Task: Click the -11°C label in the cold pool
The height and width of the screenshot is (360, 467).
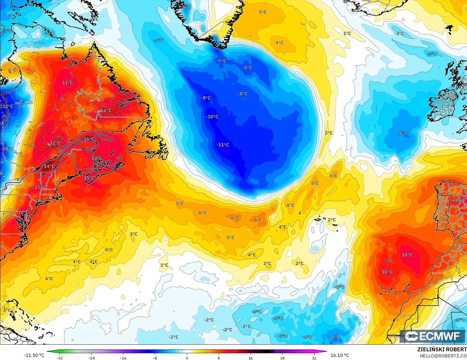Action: (223, 145)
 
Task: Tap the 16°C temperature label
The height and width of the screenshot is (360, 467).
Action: (89, 139)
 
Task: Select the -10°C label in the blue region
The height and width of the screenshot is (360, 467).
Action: (212, 117)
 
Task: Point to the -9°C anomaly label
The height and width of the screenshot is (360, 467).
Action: (206, 98)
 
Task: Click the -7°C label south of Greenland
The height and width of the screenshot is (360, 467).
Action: (221, 61)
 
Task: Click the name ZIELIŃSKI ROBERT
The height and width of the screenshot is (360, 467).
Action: (442, 349)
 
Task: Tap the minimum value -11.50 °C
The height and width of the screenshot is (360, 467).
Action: (34, 355)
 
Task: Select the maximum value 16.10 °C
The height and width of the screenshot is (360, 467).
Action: (340, 355)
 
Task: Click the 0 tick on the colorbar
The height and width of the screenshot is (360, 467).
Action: (187, 358)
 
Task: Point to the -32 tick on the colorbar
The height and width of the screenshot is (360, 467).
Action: (60, 358)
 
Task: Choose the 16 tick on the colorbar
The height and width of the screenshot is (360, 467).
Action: (250, 358)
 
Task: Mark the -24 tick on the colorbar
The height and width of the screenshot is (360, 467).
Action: (91, 358)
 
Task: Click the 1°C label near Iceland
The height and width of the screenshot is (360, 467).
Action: (347, 33)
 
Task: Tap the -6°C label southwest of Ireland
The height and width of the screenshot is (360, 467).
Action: (402, 133)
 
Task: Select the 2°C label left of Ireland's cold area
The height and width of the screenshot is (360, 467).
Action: (329, 133)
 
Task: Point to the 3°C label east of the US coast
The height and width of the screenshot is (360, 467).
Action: (133, 234)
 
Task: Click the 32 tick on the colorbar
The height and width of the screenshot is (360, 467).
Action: (314, 358)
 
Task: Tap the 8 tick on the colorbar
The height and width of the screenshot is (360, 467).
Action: (219, 358)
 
